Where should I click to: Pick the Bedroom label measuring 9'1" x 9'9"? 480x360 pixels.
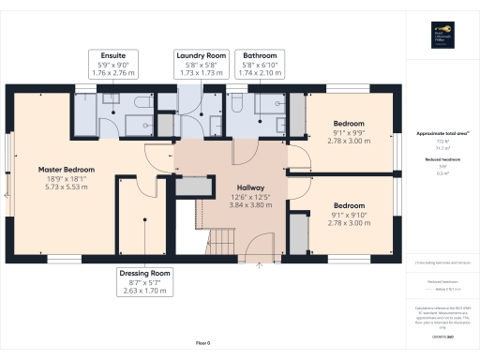pyautogui.click(x=349, y=123)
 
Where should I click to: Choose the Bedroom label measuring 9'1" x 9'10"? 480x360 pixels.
pyautogui.click(x=349, y=205)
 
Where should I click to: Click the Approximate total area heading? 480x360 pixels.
pyautogui.click(x=442, y=133)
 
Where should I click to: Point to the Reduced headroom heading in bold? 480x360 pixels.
pyautogui.click(x=442, y=160)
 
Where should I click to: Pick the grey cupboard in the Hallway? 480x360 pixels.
pyautogui.click(x=193, y=187)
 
